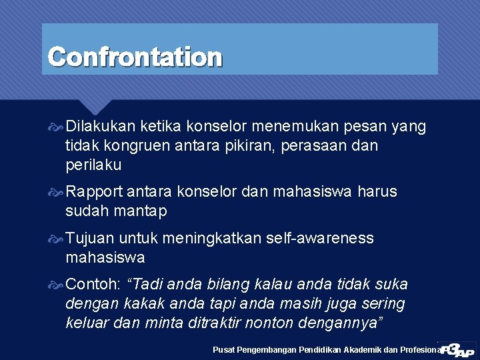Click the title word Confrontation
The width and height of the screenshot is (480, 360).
[x=135, y=57]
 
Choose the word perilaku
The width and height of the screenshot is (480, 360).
[x=94, y=164]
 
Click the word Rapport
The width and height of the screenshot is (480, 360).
[x=94, y=192]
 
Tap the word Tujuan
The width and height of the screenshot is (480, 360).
[x=91, y=238]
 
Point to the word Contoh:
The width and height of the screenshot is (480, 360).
[x=93, y=285]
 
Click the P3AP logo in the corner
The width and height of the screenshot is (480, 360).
[x=457, y=349]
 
